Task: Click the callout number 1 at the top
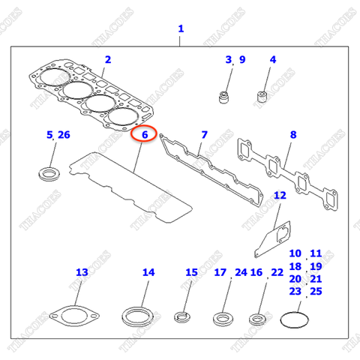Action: [x=180, y=29]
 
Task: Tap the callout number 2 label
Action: [x=108, y=59]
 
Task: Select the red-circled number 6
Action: [x=142, y=135]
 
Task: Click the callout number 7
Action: [x=204, y=135]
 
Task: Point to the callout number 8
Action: [x=293, y=135]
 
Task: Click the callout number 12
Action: [x=280, y=196]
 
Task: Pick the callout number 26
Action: [x=64, y=135]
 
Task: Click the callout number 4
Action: [x=273, y=59]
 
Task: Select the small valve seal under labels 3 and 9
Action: [x=223, y=96]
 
